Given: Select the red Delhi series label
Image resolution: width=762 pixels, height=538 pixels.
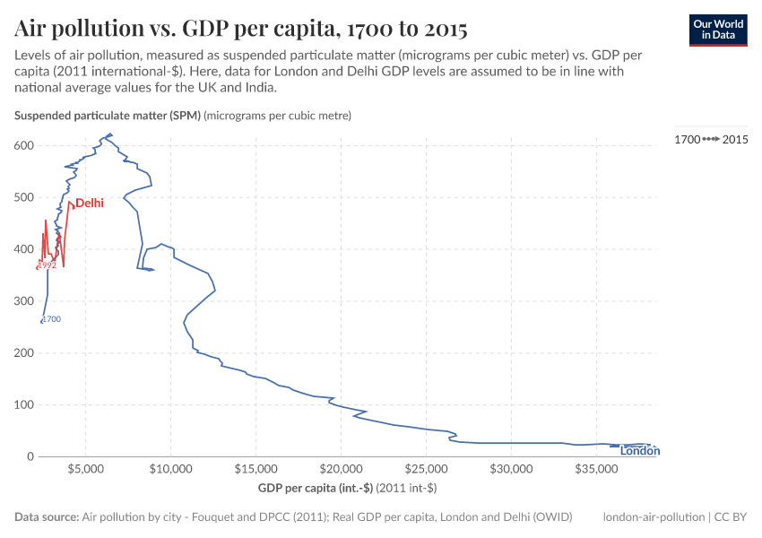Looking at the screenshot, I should [89, 204].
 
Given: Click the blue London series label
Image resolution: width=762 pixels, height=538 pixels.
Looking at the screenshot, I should [640, 451].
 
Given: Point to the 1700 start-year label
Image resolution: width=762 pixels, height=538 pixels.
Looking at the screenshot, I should [52, 319].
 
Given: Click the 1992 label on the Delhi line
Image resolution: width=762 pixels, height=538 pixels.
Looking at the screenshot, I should [47, 265].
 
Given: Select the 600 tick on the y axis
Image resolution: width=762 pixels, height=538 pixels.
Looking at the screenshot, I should [24, 145].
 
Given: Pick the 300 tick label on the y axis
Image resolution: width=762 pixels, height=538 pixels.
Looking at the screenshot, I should [24, 301].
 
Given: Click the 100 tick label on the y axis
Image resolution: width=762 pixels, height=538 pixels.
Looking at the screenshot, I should [24, 404].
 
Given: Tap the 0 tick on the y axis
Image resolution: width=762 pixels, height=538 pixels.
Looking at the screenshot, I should [30, 456].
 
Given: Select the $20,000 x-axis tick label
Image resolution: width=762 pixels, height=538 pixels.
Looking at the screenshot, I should [341, 469].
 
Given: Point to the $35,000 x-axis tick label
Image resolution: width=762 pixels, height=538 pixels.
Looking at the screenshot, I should [596, 469].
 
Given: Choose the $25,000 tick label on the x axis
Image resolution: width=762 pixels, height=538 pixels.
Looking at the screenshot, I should [426, 469].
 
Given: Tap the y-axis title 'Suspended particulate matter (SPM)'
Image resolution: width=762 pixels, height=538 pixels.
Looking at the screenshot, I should [108, 116].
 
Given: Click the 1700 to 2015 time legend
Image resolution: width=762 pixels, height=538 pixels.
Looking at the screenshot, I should [711, 139].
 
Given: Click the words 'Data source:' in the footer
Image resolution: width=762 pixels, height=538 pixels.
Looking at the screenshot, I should [47, 517].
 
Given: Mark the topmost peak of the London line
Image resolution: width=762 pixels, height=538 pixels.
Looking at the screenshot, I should [109, 134].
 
